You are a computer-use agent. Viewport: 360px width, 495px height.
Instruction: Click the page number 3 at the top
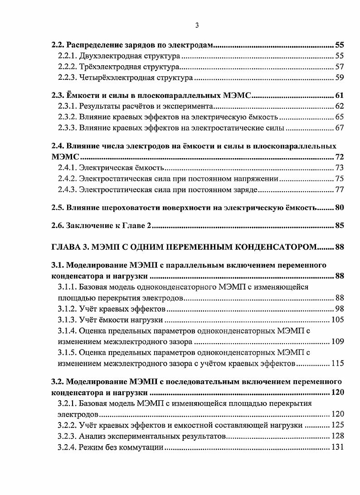coord(197,25)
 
